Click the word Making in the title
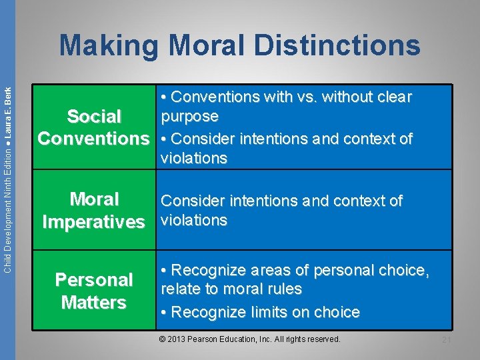pos(109,46)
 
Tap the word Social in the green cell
pos(94,117)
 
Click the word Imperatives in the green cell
pos(93,221)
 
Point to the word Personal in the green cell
pos(94,280)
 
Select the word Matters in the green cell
pos(94,303)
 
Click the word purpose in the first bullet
pos(189,117)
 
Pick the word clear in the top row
pos(392,97)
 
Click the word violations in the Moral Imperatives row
pos(194,221)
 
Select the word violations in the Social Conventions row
pos(194,159)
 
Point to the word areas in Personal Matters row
pos(269,271)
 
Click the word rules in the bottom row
pos(284,289)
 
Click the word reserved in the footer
pos(322,340)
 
